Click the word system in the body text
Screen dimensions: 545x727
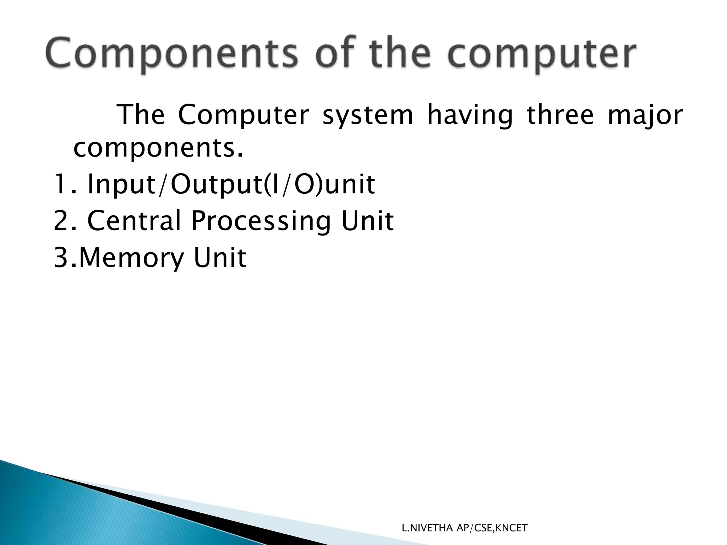point(368,116)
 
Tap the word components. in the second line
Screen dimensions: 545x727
point(158,149)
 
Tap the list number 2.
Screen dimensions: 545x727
point(61,221)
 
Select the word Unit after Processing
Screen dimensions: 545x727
point(368,221)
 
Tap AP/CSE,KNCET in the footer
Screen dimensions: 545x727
point(492,528)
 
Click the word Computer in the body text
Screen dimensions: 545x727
point(243,116)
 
